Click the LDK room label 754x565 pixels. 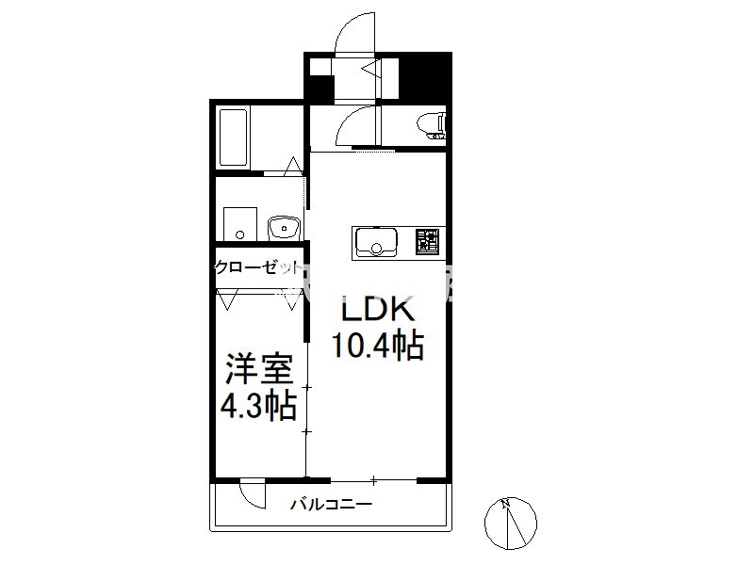378,310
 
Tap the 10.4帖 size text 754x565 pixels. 378,345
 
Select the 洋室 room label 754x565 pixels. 260,369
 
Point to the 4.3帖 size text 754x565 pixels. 258,407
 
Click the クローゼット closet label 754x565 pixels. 257,267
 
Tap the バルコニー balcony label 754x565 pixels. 331,505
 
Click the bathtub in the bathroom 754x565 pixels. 234,137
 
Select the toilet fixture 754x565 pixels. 432,126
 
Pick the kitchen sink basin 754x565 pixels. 376,243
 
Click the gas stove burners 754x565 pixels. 427,241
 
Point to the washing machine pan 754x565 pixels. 240,224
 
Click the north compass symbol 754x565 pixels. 511,524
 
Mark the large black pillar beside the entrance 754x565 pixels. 425,77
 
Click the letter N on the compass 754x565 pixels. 505,504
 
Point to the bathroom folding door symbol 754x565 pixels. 293,166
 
